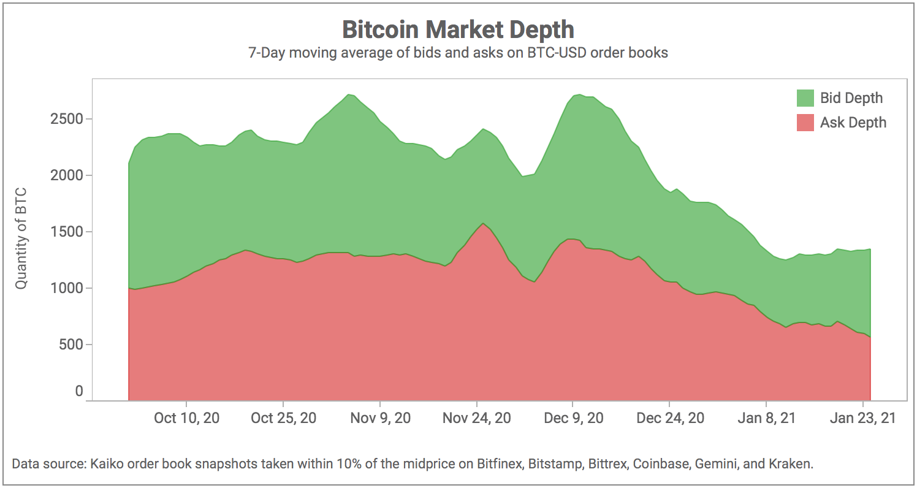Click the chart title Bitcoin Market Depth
[x=458, y=29]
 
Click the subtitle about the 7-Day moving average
[x=458, y=53]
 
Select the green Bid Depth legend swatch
[x=805, y=98]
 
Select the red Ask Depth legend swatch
[x=805, y=123]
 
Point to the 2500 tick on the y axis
[x=67, y=119]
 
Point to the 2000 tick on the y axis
[x=67, y=175]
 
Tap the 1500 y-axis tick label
[x=67, y=232]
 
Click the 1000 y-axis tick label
[x=67, y=288]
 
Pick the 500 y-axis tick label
[x=71, y=345]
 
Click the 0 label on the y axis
[x=79, y=391]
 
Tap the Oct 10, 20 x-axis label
[x=186, y=418]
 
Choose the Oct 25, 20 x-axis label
[x=284, y=418]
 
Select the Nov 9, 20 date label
[x=381, y=418]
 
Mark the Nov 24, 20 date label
[x=476, y=418]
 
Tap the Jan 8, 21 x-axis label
[x=766, y=418]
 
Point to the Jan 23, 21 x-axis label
[x=862, y=418]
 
